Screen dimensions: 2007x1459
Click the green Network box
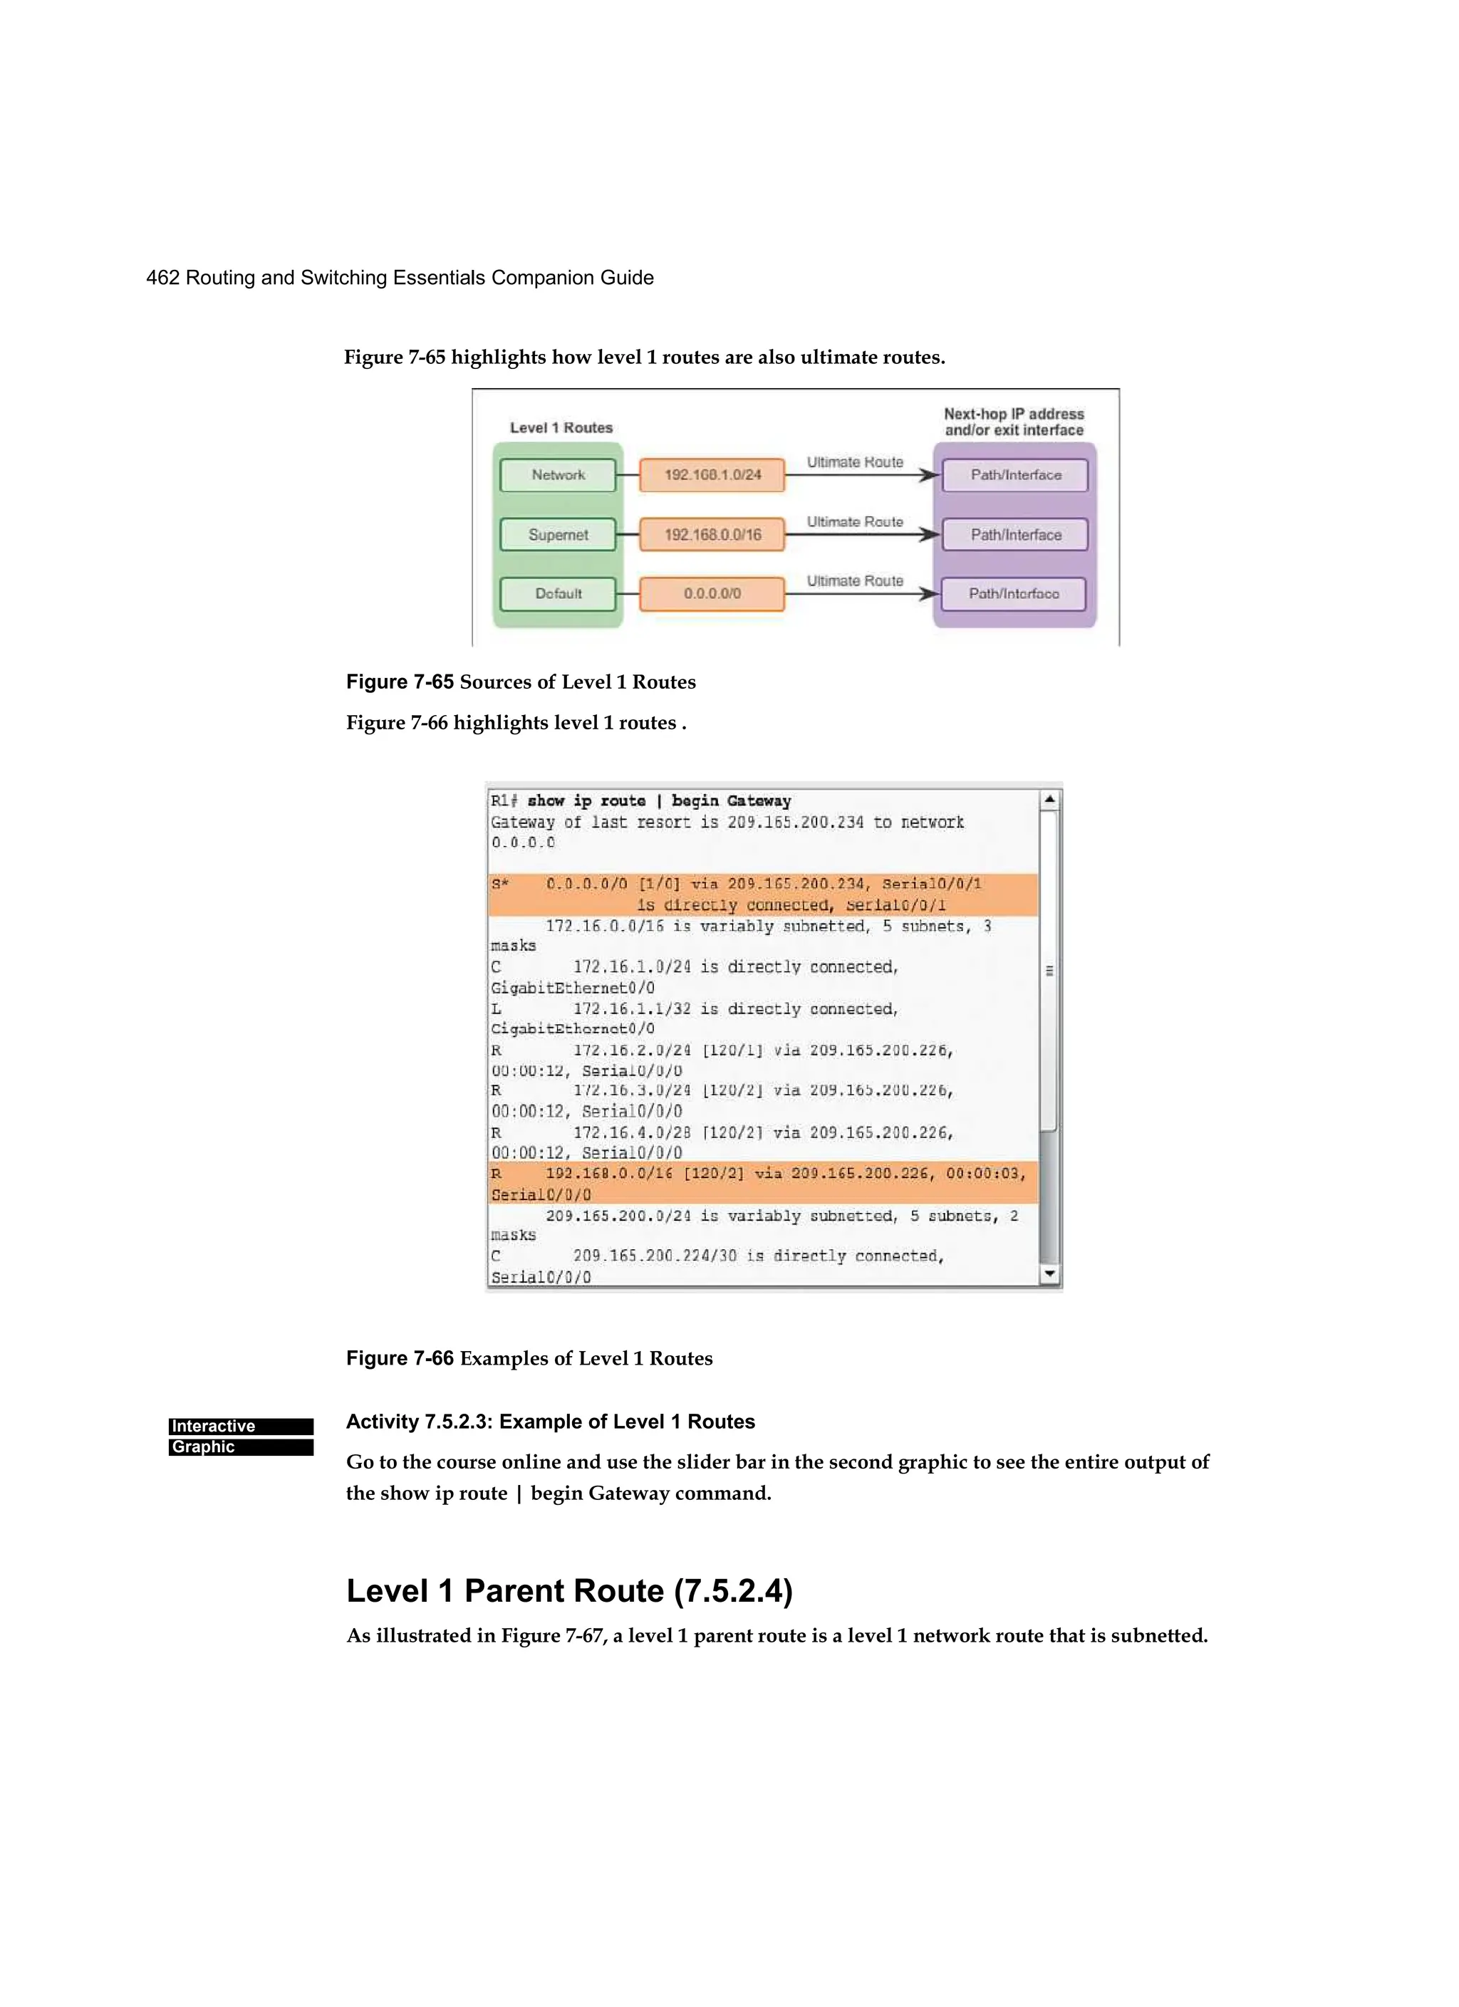tap(558, 475)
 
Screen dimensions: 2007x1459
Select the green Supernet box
tap(558, 534)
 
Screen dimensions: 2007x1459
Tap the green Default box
tap(558, 594)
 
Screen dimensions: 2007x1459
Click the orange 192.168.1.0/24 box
tap(712, 475)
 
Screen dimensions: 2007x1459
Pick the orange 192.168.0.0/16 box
tap(712, 534)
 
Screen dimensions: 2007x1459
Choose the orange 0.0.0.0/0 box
tap(712, 594)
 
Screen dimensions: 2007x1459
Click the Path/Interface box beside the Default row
tap(1014, 594)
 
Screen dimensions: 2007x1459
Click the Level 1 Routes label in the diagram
tap(561, 428)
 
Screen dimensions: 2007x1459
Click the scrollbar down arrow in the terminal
tap(1049, 1274)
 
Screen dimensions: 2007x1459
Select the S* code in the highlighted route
tap(500, 884)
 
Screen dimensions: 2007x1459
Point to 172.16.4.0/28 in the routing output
tap(631, 1132)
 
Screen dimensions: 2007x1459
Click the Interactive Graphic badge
tap(241, 1437)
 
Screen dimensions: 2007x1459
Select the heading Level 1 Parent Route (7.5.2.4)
tap(569, 1590)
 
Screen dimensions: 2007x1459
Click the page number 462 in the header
tap(163, 278)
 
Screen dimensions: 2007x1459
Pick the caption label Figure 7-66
tap(399, 1358)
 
